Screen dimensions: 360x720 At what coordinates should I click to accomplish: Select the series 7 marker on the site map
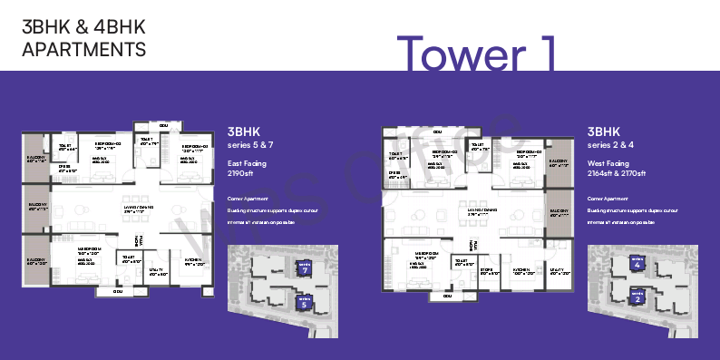click(305, 268)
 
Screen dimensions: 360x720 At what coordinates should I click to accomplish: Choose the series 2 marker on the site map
click(637, 296)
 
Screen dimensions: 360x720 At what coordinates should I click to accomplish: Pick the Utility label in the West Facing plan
click(557, 269)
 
